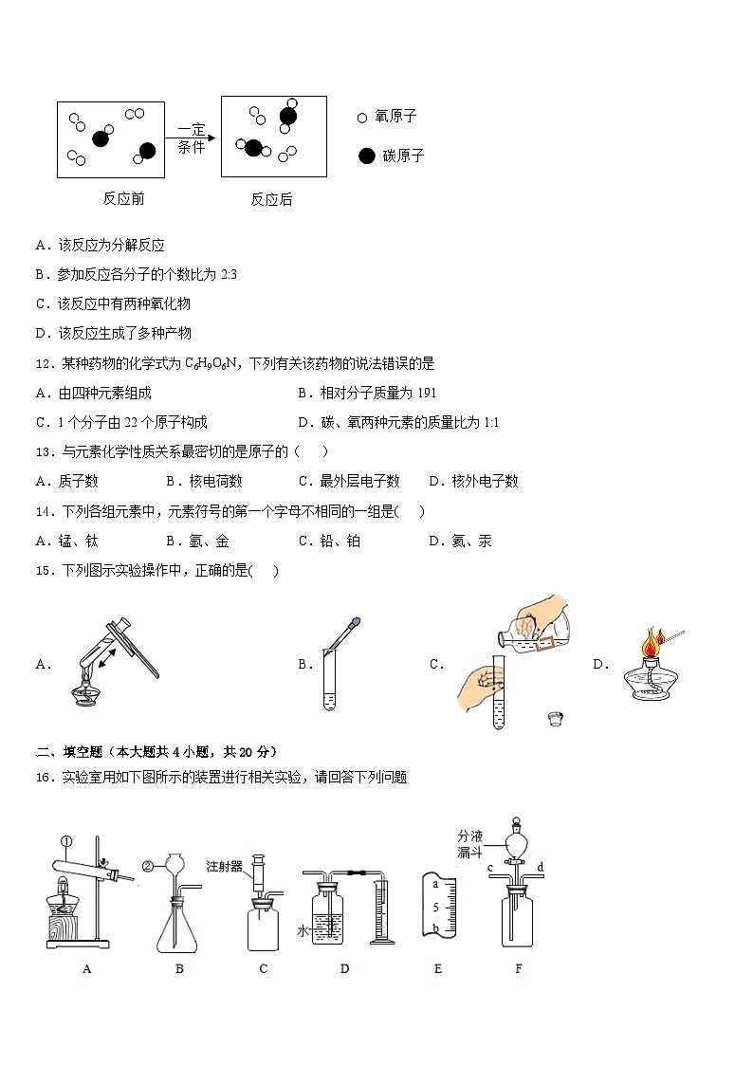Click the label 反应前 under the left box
click(123, 199)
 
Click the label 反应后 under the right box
click(271, 199)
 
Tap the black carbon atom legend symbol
click(366, 156)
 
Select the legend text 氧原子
click(395, 117)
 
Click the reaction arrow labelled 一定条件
click(193, 138)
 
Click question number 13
click(45, 452)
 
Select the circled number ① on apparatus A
click(66, 840)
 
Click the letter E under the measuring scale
click(437, 968)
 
